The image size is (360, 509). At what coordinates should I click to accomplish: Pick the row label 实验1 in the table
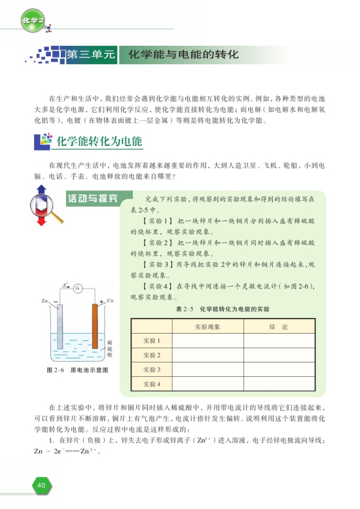[152, 341]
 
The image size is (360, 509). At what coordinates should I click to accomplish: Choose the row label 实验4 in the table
[152, 383]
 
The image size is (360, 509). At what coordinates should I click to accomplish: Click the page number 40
[41, 485]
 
